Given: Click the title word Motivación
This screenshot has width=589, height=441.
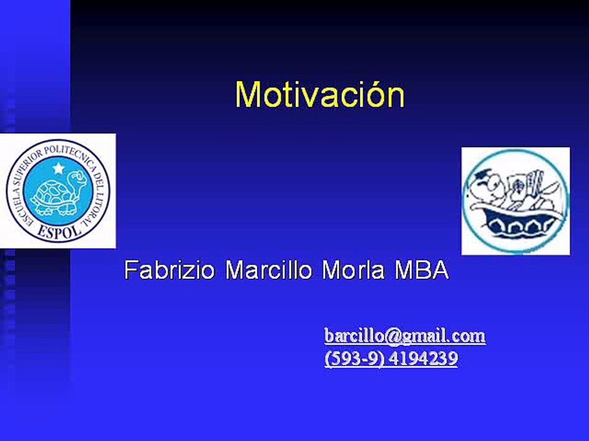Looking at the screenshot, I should tap(320, 94).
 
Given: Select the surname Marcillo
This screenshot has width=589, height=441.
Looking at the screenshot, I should tap(269, 269).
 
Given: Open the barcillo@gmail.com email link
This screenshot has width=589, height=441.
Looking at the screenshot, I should tap(405, 336).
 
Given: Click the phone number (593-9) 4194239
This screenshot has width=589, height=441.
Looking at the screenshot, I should tap(391, 358).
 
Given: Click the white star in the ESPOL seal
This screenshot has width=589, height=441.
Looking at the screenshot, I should tap(58, 167).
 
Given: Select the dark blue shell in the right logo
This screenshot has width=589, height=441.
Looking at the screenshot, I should tap(515, 225).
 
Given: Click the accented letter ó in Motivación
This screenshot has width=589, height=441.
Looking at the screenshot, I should tap(374, 94).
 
